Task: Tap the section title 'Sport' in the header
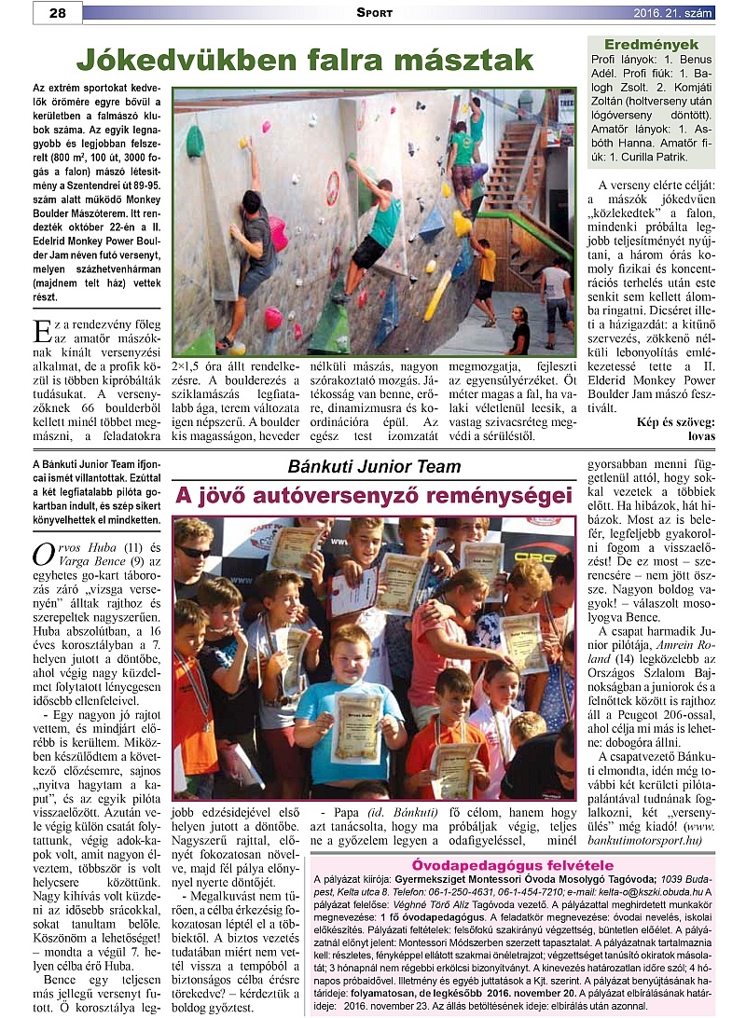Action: tap(374, 12)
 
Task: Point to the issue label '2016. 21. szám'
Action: tap(672, 12)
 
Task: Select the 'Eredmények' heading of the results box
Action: tap(651, 45)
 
